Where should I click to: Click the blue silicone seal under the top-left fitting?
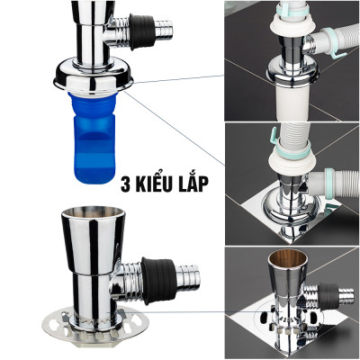[x=93, y=138]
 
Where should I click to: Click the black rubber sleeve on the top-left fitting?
[x=142, y=31]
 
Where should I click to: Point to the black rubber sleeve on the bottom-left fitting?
[x=157, y=281]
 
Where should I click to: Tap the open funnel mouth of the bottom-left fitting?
[x=93, y=212]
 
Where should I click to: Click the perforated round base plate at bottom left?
[x=95, y=328]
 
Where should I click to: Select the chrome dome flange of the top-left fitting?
[x=94, y=75]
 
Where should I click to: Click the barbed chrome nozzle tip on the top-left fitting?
[x=165, y=30]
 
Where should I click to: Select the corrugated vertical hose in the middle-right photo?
[x=294, y=134]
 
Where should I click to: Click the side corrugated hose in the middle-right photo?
[x=340, y=182]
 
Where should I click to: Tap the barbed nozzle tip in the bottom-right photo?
[x=346, y=293]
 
